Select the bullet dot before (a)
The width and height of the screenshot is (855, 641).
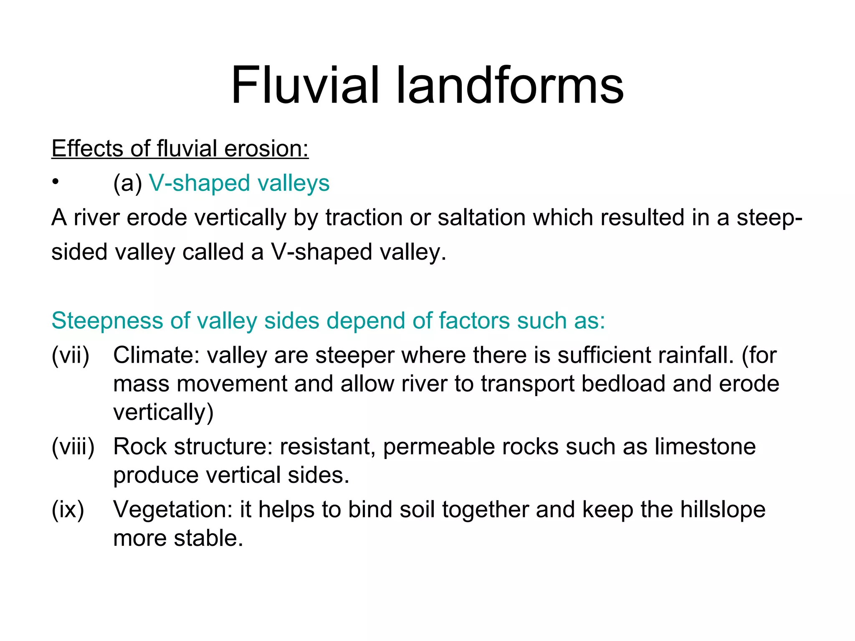pos(55,182)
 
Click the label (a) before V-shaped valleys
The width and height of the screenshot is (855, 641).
pos(127,184)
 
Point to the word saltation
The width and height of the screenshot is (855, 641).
pos(481,218)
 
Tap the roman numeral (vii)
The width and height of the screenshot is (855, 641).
pos(70,356)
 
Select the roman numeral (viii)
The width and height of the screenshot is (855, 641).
pos(73,447)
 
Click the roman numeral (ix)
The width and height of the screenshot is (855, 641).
pos(68,510)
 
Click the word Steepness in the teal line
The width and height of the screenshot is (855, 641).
pos(107,321)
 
